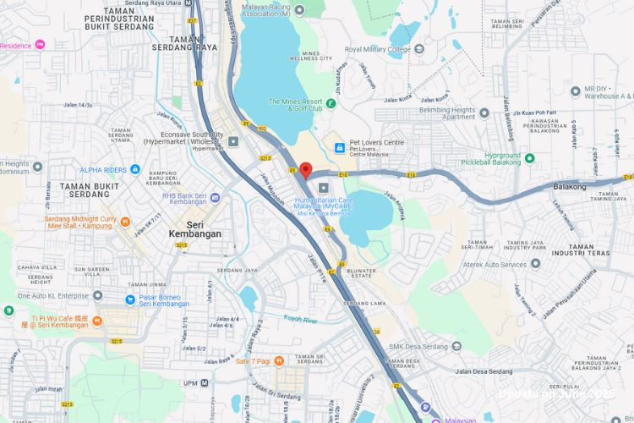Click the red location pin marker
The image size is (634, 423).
pyautogui.click(x=305, y=169)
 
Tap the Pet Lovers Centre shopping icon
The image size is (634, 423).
pyautogui.click(x=339, y=148)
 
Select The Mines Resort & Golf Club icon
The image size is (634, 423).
pyautogui.click(x=331, y=104)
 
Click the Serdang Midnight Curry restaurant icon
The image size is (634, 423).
pyautogui.click(x=124, y=222)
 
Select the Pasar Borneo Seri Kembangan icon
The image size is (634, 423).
pyautogui.click(x=129, y=299)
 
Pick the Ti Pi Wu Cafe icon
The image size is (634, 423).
pyautogui.click(x=97, y=321)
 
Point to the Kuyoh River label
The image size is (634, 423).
pyautogui.click(x=303, y=319)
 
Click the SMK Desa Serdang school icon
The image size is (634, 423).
pyautogui.click(x=457, y=345)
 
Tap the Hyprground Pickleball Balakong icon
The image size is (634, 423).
pyautogui.click(x=530, y=157)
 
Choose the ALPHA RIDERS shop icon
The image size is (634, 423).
pyautogui.click(x=135, y=170)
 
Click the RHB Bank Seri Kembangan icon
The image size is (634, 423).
pyautogui.click(x=215, y=197)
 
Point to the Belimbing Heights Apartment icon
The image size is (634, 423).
pyautogui.click(x=484, y=113)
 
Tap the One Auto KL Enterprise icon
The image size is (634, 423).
pyautogui.click(x=97, y=295)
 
